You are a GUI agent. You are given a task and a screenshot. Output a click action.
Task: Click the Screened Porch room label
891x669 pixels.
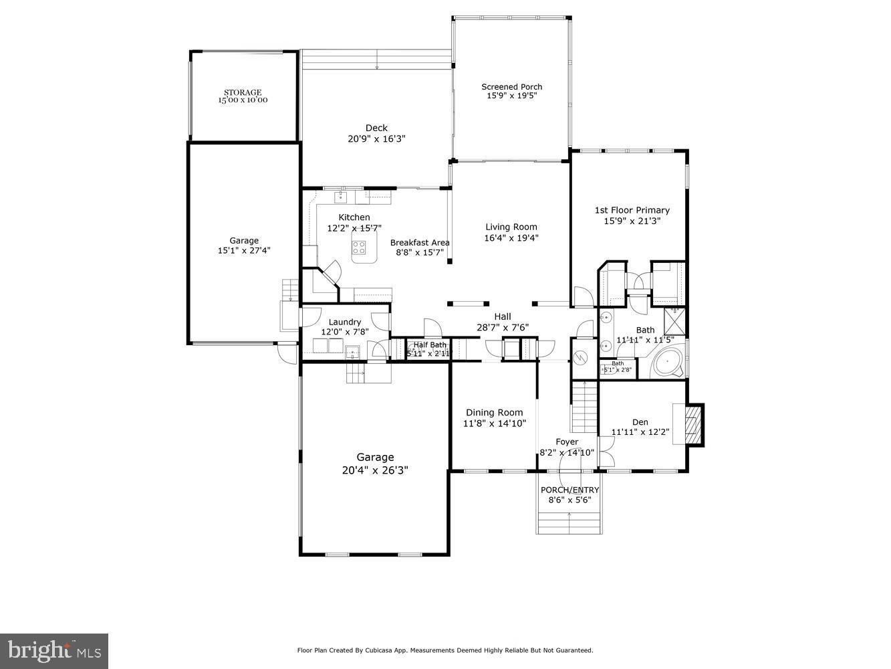[511, 87]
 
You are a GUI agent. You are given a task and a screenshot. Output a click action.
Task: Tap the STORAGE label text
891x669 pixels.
[242, 92]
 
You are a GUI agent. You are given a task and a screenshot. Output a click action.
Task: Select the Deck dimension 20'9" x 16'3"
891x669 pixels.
[376, 139]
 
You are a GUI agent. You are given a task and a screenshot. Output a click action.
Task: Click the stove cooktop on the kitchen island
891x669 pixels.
[360, 248]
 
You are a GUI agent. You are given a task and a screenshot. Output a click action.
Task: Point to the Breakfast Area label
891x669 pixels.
[420, 242]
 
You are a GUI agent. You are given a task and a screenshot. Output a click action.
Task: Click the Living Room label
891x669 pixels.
[511, 227]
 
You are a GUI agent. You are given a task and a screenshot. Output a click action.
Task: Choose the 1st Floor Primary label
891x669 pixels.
[632, 210]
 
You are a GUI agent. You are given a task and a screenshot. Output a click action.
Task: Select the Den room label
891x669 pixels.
[640, 422]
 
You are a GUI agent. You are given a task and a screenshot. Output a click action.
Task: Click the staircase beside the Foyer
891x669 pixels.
[584, 407]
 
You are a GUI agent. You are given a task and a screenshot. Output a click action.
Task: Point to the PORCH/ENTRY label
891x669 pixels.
[569, 490]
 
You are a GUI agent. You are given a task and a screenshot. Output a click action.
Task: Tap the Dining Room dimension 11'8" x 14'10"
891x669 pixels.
[495, 423]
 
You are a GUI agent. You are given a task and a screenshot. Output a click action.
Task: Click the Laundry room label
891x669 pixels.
[344, 322]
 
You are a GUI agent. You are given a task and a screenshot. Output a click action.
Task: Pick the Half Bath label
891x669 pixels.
[429, 345]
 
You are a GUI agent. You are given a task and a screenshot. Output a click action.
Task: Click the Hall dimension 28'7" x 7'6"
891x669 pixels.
[502, 328]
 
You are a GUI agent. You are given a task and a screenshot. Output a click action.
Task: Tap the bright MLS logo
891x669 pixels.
[54, 650]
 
